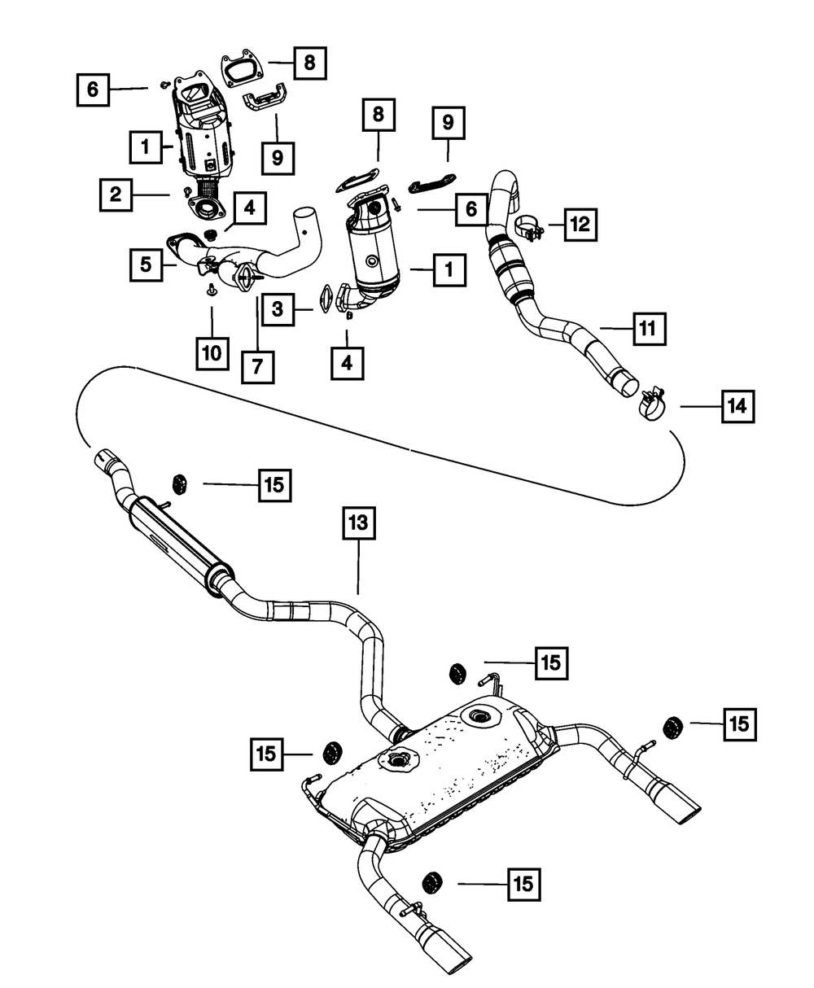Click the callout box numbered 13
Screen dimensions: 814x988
(359, 523)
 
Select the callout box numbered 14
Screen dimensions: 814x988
(737, 406)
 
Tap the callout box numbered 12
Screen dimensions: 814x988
(580, 225)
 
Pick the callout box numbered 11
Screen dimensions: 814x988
(650, 329)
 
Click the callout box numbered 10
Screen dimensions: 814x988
(212, 353)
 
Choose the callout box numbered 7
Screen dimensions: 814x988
(257, 367)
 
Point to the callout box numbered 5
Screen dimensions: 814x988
(147, 265)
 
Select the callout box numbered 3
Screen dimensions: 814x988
(278, 309)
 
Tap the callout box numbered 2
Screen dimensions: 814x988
(116, 195)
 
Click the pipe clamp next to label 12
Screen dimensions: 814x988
(528, 230)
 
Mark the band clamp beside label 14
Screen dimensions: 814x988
(654, 405)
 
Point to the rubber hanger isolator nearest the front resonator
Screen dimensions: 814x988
(180, 484)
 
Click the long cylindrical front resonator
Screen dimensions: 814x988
(180, 545)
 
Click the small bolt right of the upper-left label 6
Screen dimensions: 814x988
(164, 84)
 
